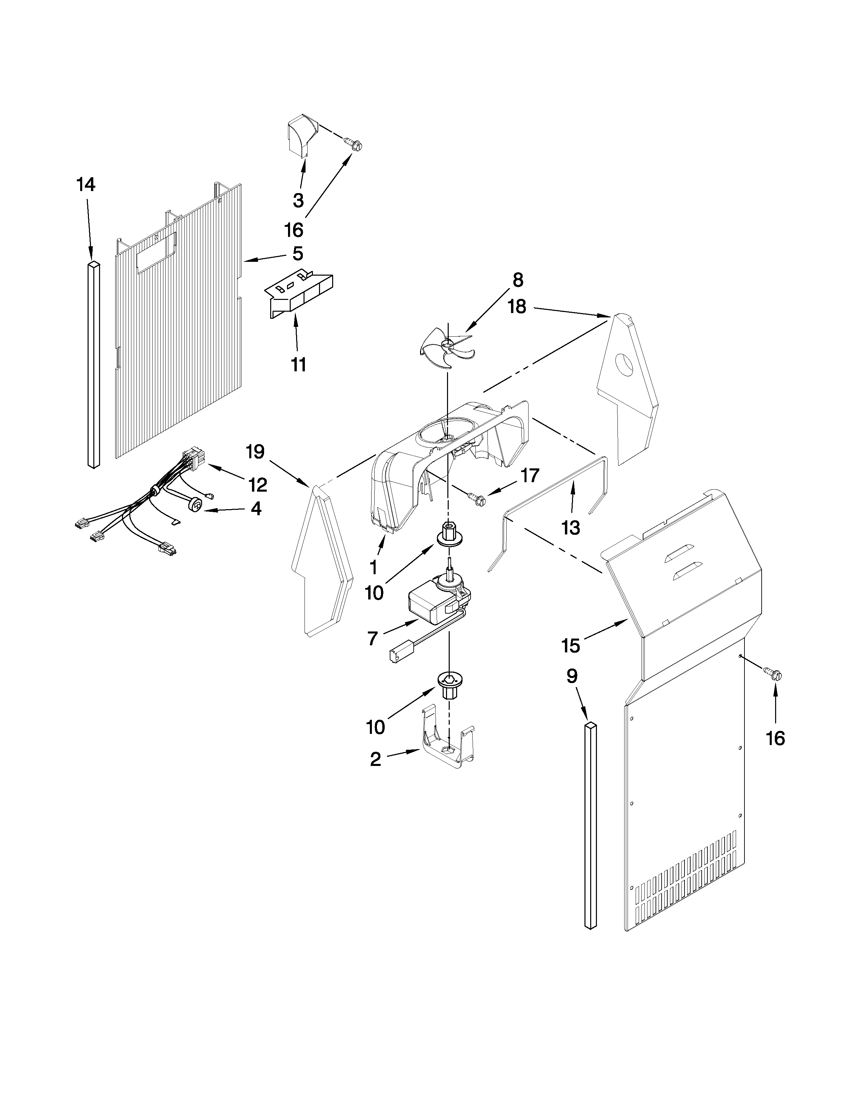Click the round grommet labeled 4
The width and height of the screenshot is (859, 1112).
coord(194,504)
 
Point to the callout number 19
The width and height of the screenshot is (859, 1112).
coord(255,451)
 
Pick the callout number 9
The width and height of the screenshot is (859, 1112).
coord(572,676)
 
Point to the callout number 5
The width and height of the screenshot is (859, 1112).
coord(298,253)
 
